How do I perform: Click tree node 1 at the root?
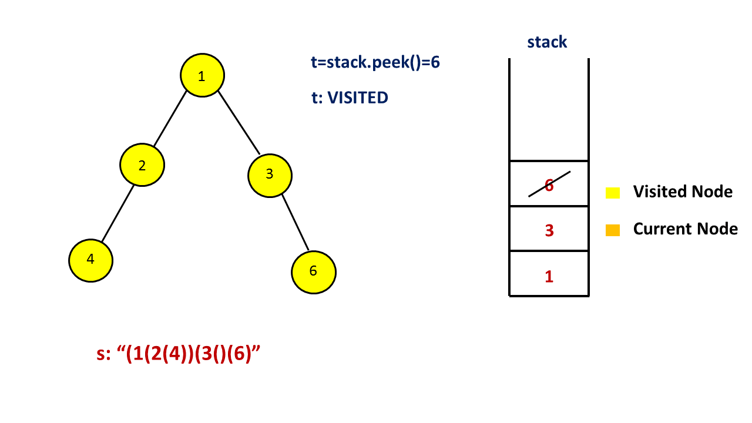(x=202, y=76)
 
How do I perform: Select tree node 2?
(x=142, y=165)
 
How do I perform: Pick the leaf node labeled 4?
(x=90, y=260)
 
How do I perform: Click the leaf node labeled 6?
(x=313, y=271)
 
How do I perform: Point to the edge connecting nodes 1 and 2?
(x=170, y=120)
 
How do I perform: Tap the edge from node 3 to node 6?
(x=295, y=222)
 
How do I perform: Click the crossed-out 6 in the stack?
(x=549, y=184)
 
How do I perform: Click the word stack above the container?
(x=547, y=42)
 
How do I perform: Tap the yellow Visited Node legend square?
(x=613, y=192)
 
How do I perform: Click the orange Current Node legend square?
(x=613, y=230)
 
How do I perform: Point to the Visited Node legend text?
(x=683, y=192)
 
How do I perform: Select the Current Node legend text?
(x=685, y=229)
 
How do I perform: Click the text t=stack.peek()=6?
(x=375, y=62)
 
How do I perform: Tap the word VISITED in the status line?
(x=358, y=98)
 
